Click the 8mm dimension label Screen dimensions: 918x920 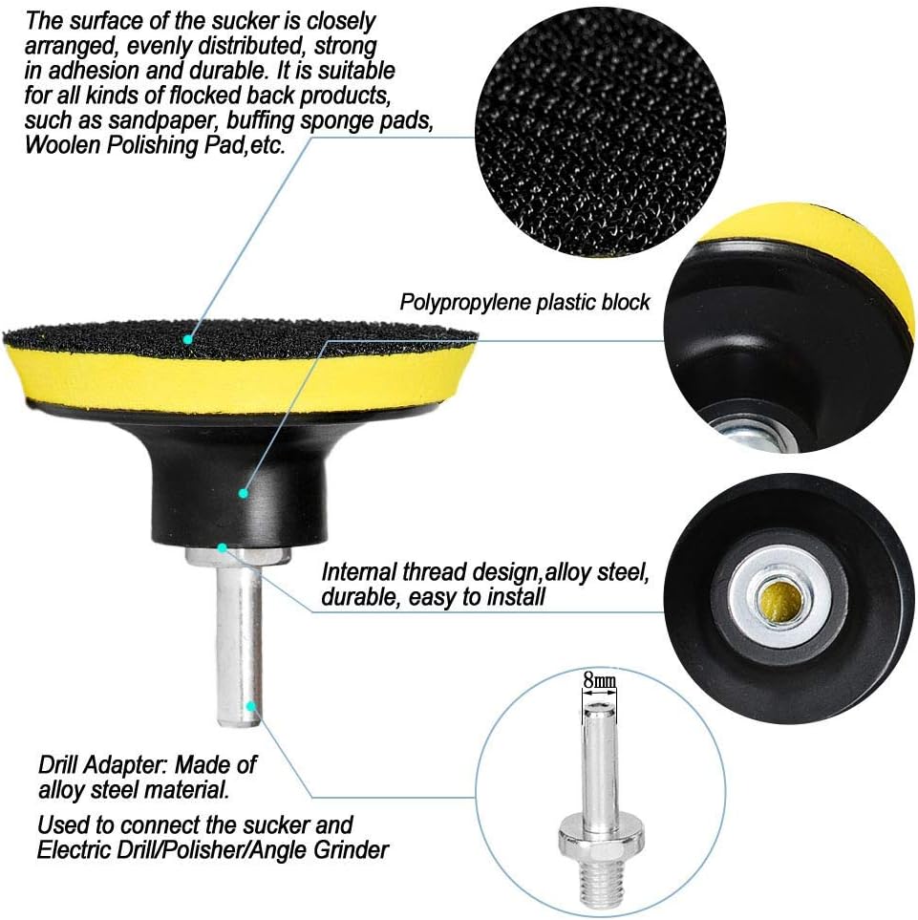click(599, 680)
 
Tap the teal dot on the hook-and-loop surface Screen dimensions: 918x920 click(187, 339)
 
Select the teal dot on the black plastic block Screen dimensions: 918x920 click(243, 494)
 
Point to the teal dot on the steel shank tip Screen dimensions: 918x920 click(250, 706)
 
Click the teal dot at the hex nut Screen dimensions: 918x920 click(222, 548)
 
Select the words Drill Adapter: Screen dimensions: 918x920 click(103, 765)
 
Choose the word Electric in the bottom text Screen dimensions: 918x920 click(75, 850)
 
